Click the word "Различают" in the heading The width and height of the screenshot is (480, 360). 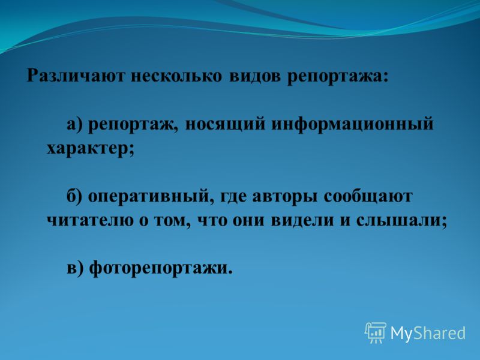click(x=76, y=75)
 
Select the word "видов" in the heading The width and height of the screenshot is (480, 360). click(x=254, y=75)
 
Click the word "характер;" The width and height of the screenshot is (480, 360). click(x=91, y=149)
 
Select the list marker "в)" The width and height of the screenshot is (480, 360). click(x=75, y=268)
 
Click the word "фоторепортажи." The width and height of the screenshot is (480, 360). click(x=161, y=268)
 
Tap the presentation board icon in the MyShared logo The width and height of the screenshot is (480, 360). click(x=376, y=333)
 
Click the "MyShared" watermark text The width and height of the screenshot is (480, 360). click(x=428, y=333)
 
